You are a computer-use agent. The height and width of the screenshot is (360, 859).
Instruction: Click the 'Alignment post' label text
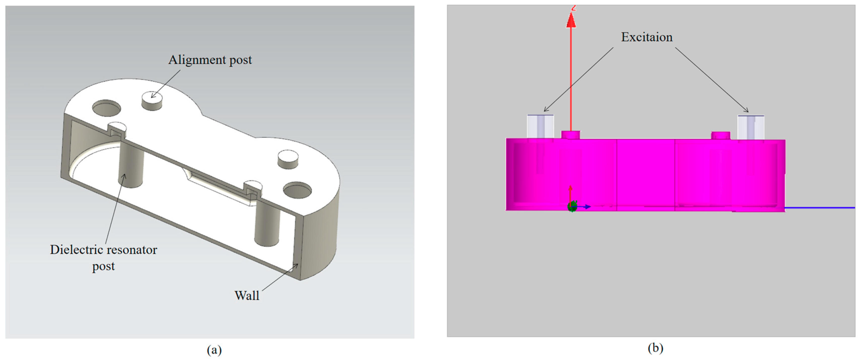click(210, 60)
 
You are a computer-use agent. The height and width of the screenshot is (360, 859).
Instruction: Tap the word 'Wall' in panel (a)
click(247, 296)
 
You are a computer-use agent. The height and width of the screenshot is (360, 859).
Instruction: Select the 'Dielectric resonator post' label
click(104, 258)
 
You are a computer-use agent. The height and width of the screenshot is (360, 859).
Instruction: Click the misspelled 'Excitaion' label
click(647, 37)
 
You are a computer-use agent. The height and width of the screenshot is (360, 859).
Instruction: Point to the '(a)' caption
click(214, 350)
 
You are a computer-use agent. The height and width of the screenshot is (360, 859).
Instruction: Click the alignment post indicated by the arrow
click(152, 101)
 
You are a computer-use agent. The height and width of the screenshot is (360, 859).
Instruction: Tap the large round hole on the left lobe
click(107, 108)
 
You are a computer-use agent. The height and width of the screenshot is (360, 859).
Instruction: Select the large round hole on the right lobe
click(297, 190)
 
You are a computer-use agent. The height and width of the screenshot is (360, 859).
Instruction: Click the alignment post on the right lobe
click(288, 159)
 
